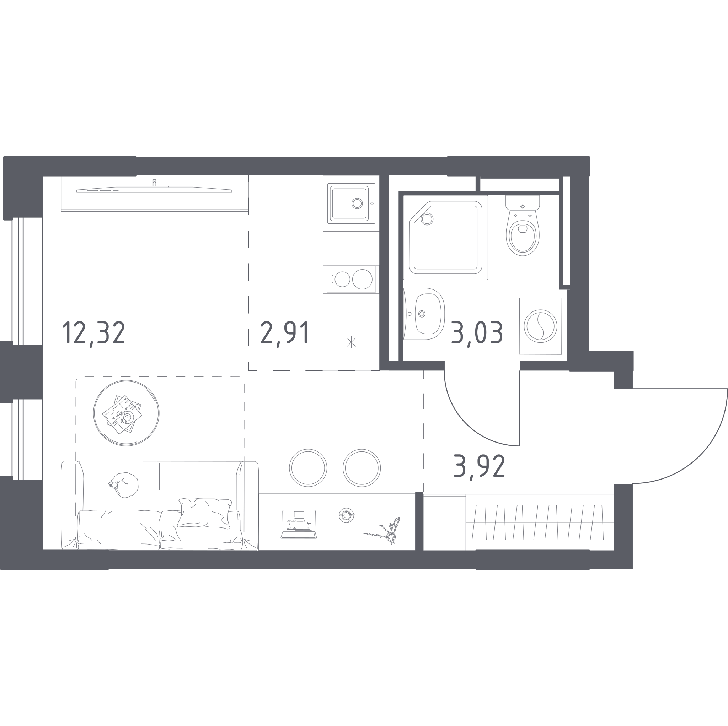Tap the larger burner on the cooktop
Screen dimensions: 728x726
[362, 280]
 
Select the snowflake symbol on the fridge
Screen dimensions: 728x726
[351, 342]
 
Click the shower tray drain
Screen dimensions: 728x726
[427, 219]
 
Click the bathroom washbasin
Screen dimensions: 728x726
[426, 313]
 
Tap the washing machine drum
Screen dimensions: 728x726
[541, 326]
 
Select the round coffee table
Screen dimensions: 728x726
[126, 413]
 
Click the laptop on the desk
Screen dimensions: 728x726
[299, 524]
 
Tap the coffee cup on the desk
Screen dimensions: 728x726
[346, 515]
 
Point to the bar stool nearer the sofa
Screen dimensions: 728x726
[308, 468]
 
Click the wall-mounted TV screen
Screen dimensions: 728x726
[154, 189]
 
